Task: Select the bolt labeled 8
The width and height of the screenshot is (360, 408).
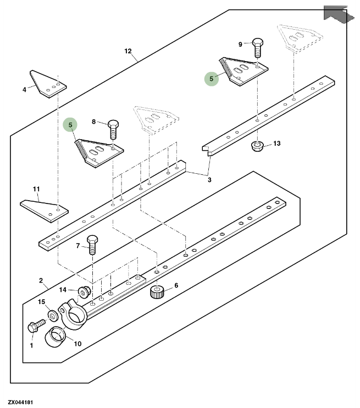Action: pos(114,128)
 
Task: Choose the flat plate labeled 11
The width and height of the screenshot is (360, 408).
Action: pos(44,209)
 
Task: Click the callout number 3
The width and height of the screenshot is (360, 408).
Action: pos(209,180)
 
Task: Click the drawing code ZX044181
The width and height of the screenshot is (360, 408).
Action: pos(20,403)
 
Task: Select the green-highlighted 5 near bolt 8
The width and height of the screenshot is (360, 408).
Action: pos(69,125)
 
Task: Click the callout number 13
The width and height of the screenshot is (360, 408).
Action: pos(276,144)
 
